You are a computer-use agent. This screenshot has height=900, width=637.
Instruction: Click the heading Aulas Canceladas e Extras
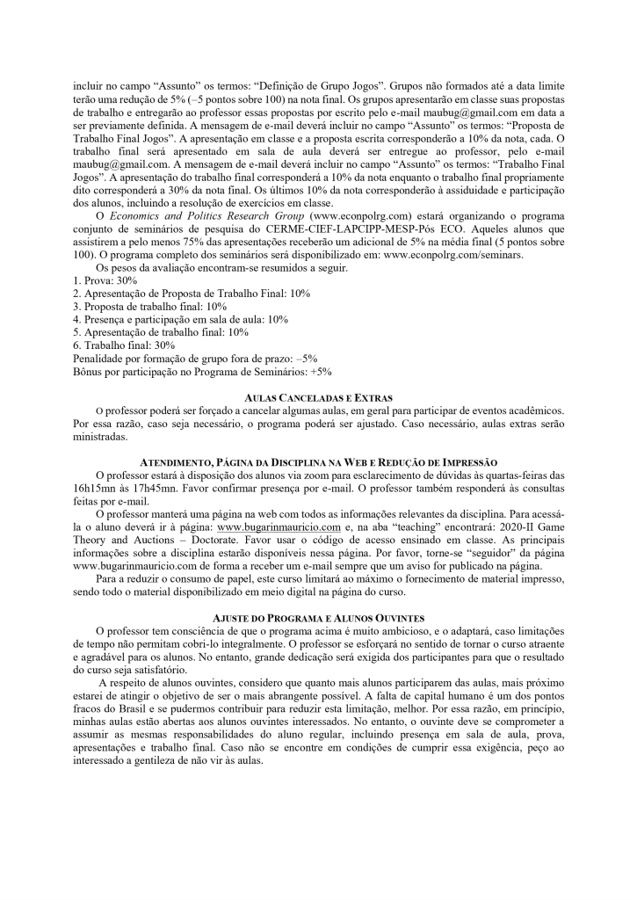318,399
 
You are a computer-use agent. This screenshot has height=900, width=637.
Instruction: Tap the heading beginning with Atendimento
318,462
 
